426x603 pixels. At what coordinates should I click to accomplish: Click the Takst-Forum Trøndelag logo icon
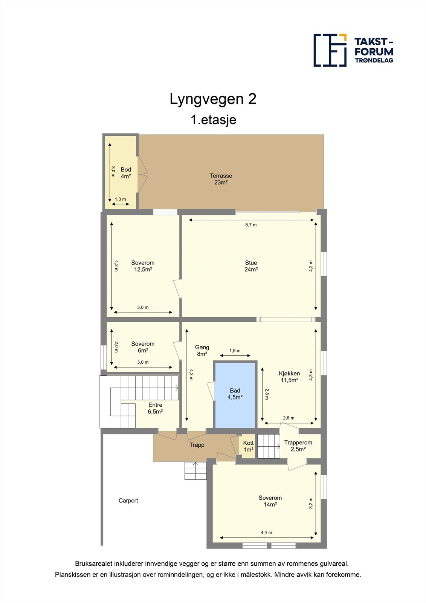coord(330,50)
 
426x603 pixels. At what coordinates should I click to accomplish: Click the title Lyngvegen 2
coord(213,99)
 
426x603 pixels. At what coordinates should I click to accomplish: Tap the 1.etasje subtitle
coord(213,120)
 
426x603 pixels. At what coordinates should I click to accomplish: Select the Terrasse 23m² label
coord(221,179)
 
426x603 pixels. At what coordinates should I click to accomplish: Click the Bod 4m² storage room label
coord(125,173)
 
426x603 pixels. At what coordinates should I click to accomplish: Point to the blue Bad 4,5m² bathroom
coord(235,394)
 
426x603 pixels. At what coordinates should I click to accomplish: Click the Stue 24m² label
coord(251,266)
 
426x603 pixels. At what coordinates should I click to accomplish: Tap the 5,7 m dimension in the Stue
coord(251,225)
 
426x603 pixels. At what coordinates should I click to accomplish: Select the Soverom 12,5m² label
coord(143,266)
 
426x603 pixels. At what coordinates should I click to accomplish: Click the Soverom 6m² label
coord(143,347)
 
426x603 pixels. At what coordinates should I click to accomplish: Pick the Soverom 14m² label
coord(270,501)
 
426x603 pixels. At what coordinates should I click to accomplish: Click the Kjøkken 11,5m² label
coord(289,376)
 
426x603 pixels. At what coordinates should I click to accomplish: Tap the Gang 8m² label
coord(202,350)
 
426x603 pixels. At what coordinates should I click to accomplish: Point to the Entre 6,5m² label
coord(155,408)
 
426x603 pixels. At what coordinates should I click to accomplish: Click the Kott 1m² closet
coord(248,446)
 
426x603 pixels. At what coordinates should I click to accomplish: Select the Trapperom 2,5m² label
coord(298,446)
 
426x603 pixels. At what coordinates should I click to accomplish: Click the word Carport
coord(128,500)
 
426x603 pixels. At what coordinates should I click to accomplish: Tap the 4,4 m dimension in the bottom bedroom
coord(266,533)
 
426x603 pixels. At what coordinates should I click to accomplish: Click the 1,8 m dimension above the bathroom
coord(235,350)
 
